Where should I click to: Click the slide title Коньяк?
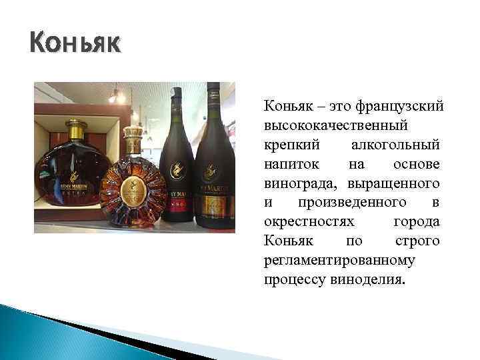pos(75,44)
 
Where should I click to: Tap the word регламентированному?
pos(339,260)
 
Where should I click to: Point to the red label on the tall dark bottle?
pos(177,207)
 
